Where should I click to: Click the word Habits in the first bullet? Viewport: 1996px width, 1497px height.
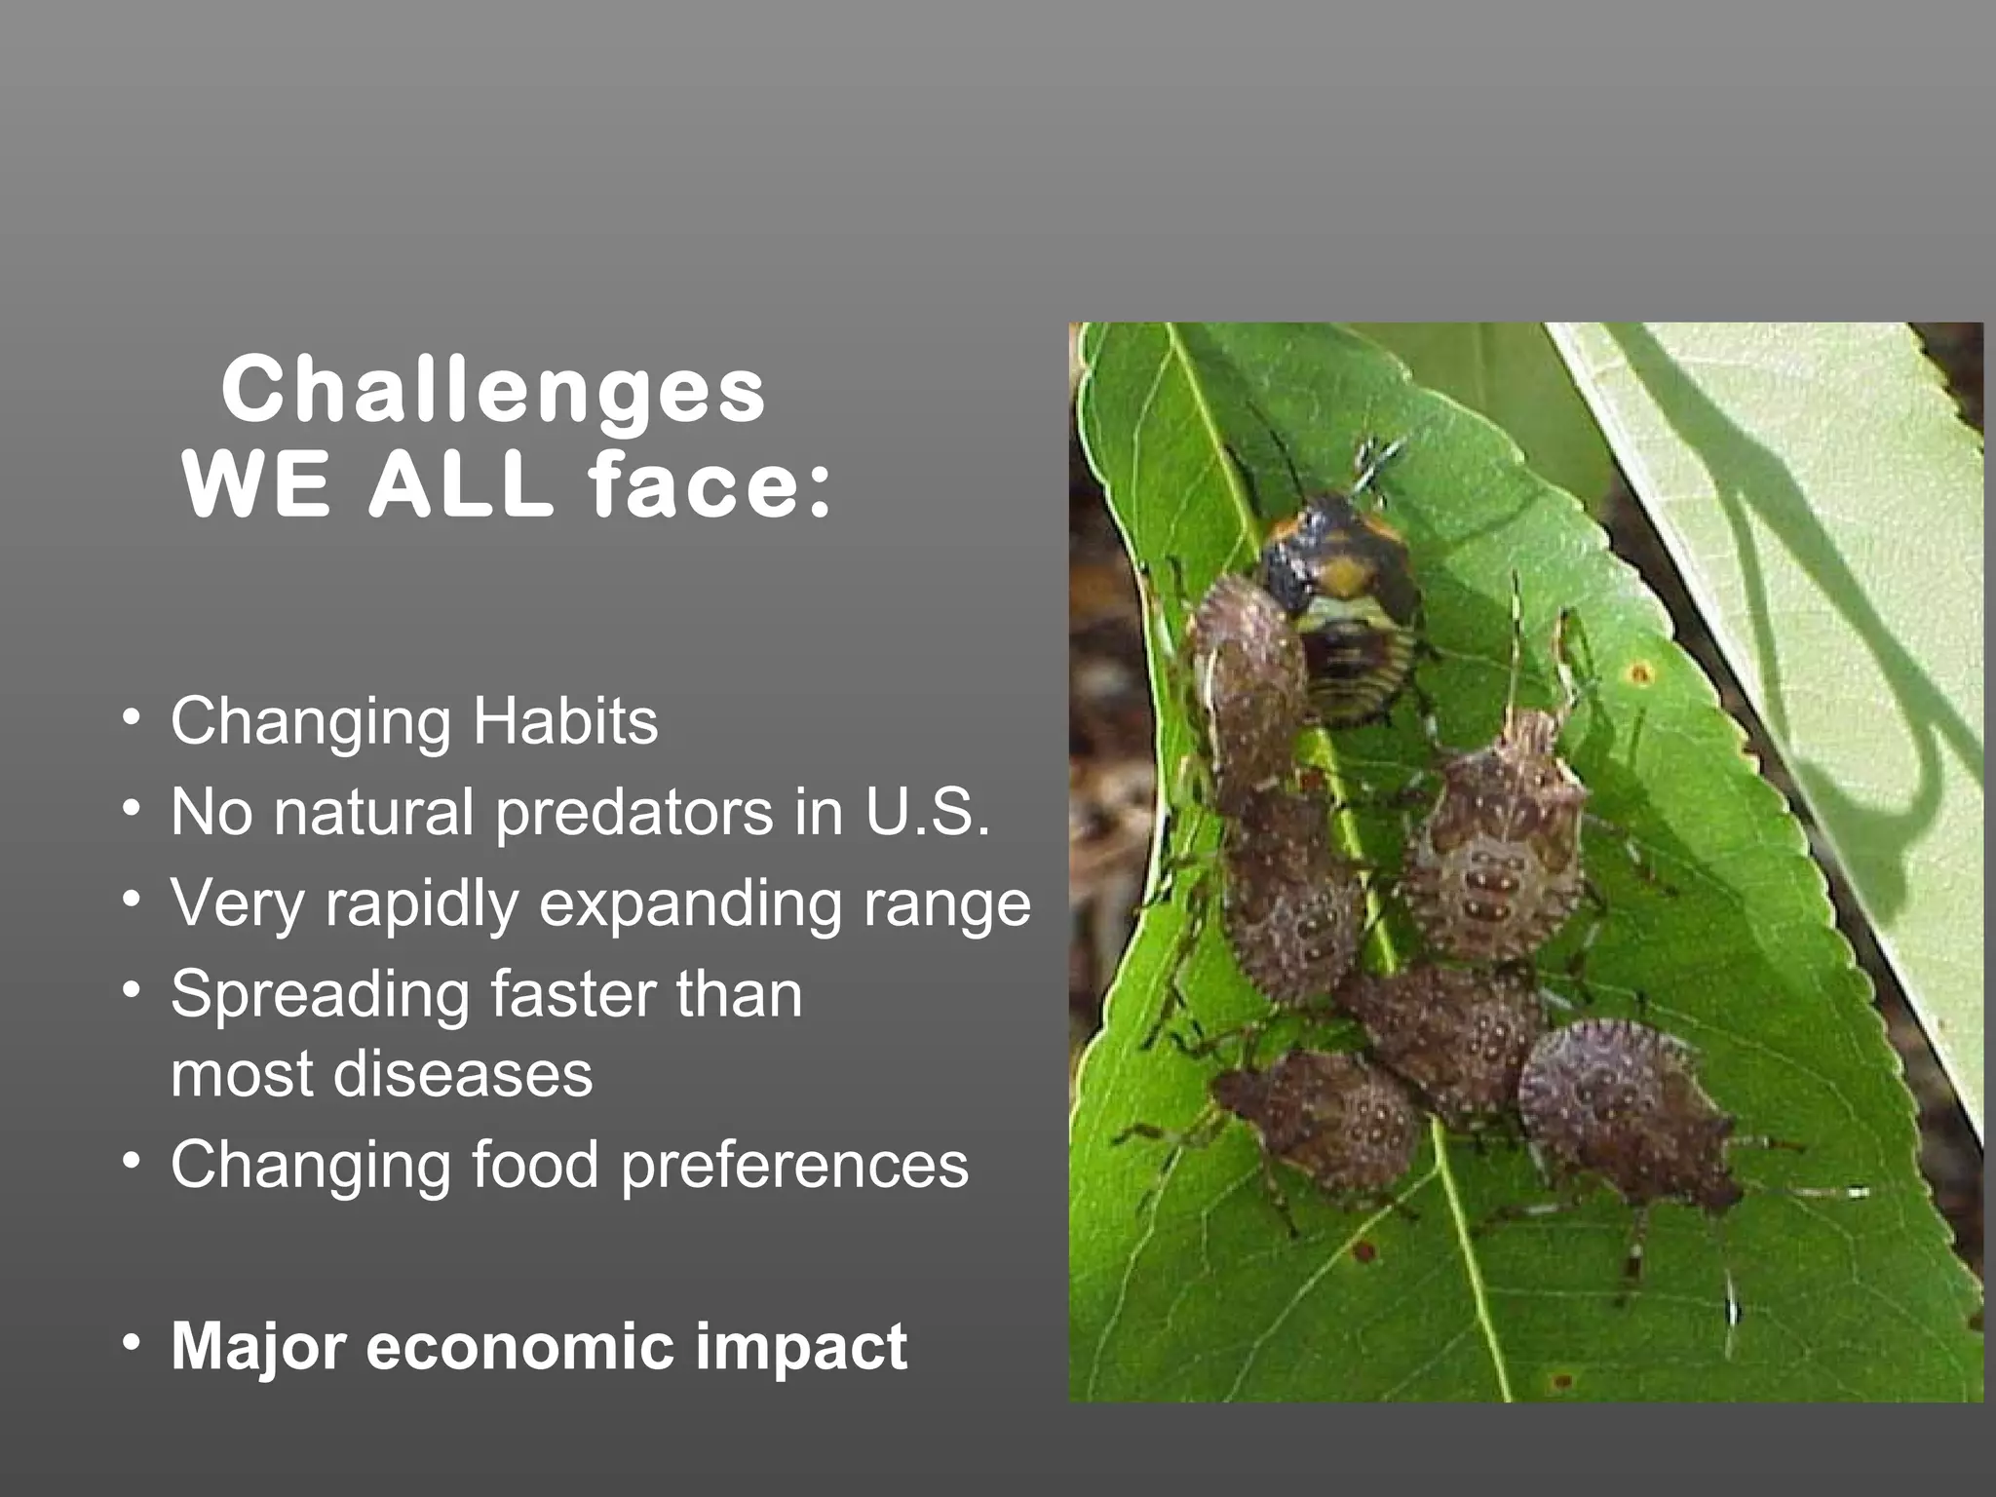click(x=565, y=721)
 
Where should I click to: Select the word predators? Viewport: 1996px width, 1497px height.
click(x=633, y=813)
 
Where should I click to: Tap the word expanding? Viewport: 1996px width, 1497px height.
click(x=689, y=904)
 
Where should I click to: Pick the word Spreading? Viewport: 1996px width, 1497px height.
click(x=320, y=996)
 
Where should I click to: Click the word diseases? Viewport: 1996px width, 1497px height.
click(x=463, y=1074)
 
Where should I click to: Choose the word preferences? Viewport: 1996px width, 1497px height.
click(x=794, y=1166)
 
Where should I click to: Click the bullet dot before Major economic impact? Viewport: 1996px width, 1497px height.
click(x=132, y=1343)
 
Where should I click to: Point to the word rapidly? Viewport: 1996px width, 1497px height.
click(x=421, y=904)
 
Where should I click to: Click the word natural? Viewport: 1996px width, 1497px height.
click(x=373, y=813)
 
